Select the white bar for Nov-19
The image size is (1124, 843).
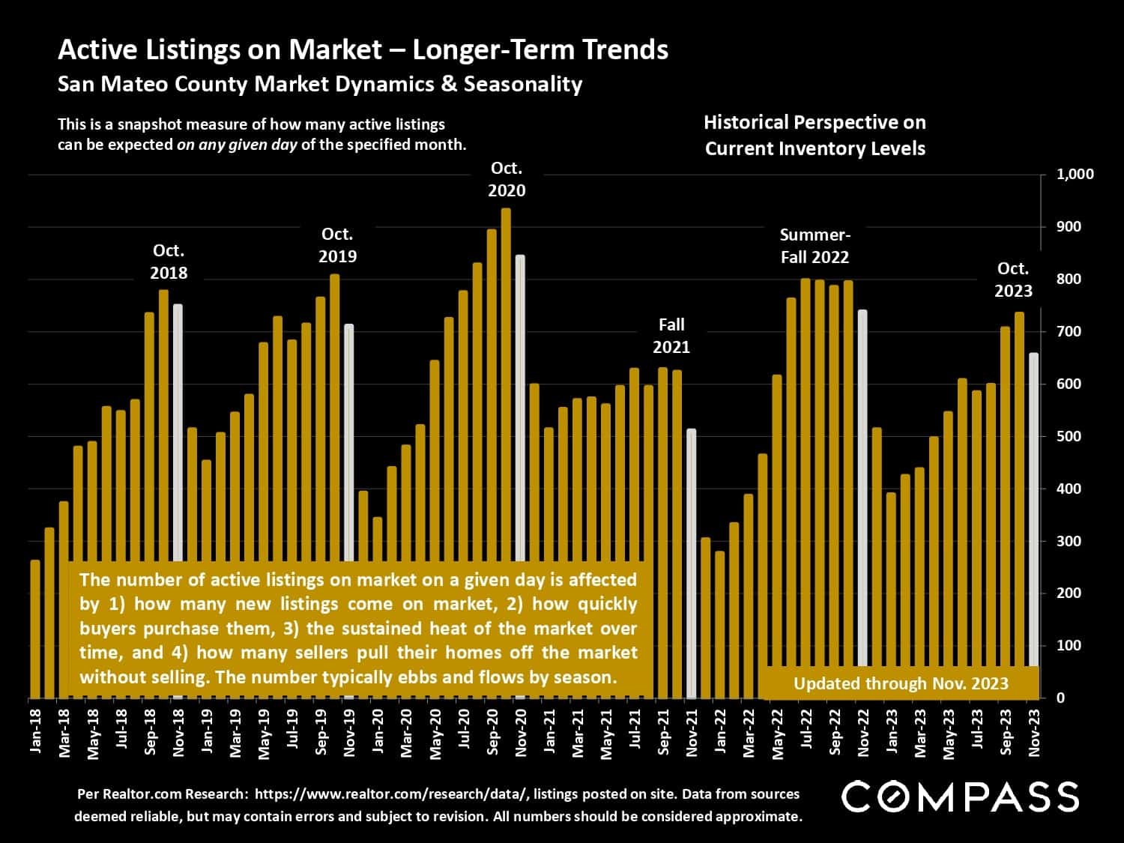pyautogui.click(x=348, y=442)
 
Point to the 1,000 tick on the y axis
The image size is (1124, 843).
pyautogui.click(x=1075, y=175)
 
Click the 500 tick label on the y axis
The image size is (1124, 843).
pyautogui.click(x=1069, y=436)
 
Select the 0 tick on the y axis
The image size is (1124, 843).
pyautogui.click(x=1060, y=698)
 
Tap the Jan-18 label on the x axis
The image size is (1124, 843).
pyautogui.click(x=35, y=730)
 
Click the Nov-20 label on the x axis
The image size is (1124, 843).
pyautogui.click(x=521, y=731)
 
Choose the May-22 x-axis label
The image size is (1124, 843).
pyautogui.click(x=777, y=732)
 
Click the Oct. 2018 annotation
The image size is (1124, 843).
pyautogui.click(x=169, y=262)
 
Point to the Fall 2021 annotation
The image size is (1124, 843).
pyautogui.click(x=671, y=336)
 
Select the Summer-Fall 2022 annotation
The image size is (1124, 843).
pyautogui.click(x=815, y=246)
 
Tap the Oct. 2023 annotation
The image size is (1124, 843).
pyautogui.click(x=1013, y=280)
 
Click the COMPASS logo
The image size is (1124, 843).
pyautogui.click(x=960, y=797)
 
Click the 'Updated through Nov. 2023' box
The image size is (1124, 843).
pyautogui.click(x=901, y=683)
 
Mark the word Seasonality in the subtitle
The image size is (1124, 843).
pyautogui.click(x=522, y=83)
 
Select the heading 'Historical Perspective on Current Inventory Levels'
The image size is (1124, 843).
pyautogui.click(x=815, y=135)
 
